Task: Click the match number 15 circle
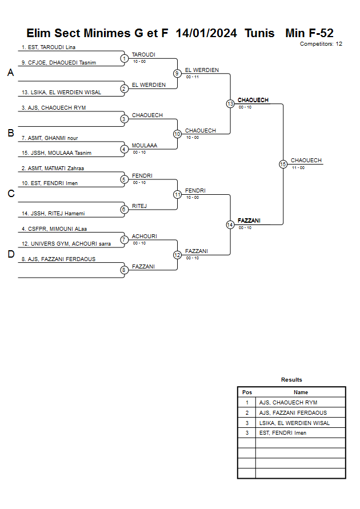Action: (x=283, y=164)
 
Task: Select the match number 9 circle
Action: (x=177, y=73)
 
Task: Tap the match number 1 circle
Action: (x=124, y=58)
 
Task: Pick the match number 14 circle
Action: (x=230, y=225)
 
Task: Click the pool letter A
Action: (x=10, y=73)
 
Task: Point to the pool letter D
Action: (x=10, y=255)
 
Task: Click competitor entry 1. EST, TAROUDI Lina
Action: (x=49, y=47)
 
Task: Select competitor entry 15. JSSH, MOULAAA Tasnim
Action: (x=56, y=153)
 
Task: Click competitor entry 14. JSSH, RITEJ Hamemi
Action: (x=53, y=214)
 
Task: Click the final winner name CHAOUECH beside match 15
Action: (x=306, y=161)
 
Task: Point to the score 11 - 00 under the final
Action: (x=298, y=168)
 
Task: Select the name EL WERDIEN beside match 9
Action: (x=202, y=70)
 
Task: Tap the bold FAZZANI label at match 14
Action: (x=249, y=221)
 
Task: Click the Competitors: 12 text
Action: (x=321, y=44)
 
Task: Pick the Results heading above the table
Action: (x=291, y=380)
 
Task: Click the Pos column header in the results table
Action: (x=247, y=392)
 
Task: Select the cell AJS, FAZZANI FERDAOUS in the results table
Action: (x=293, y=412)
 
